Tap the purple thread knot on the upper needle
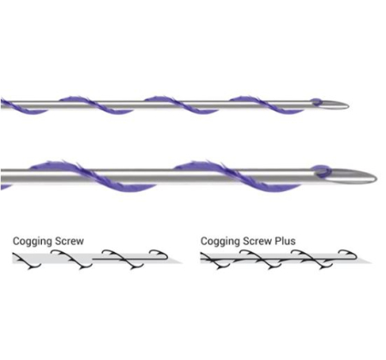click(x=317, y=101)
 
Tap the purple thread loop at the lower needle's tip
click(x=321, y=170)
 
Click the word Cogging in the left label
click(x=33, y=242)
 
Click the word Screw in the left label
click(x=69, y=241)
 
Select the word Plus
click(x=285, y=241)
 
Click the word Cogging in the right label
click(x=220, y=242)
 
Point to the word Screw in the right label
click(x=257, y=241)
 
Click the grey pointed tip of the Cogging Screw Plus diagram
click(x=371, y=262)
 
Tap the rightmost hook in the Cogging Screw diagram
click(x=160, y=253)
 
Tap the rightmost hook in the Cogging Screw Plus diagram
click(x=348, y=253)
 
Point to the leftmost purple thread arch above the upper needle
click(x=74, y=99)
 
